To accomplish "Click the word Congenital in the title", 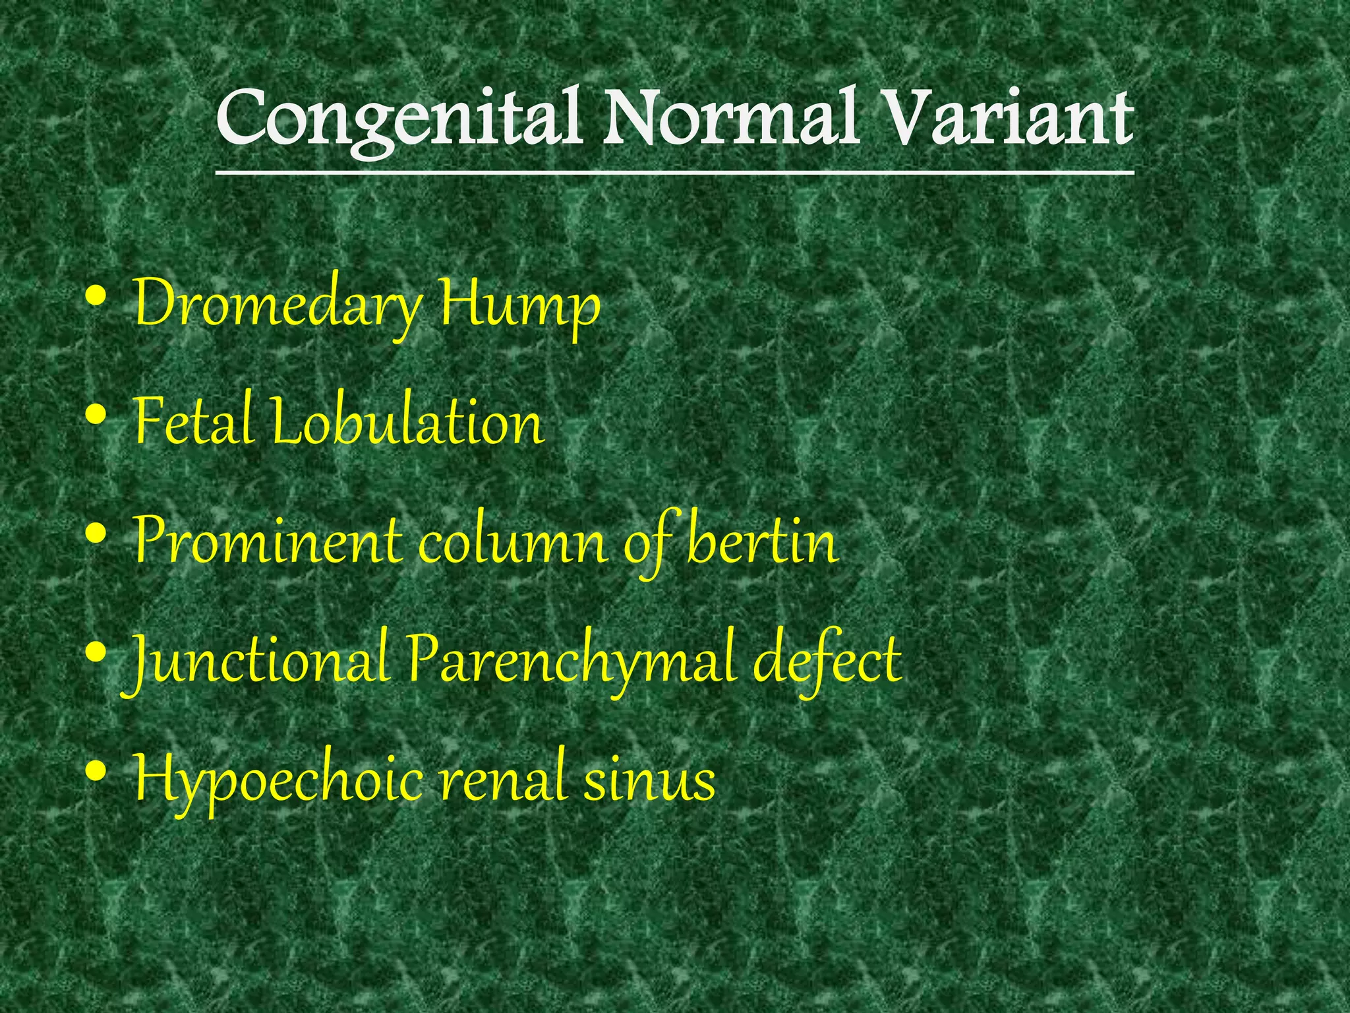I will pos(399,119).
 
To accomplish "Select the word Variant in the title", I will pos(1009,119).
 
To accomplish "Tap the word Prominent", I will pos(268,541).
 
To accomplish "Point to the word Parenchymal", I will pos(570,660).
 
